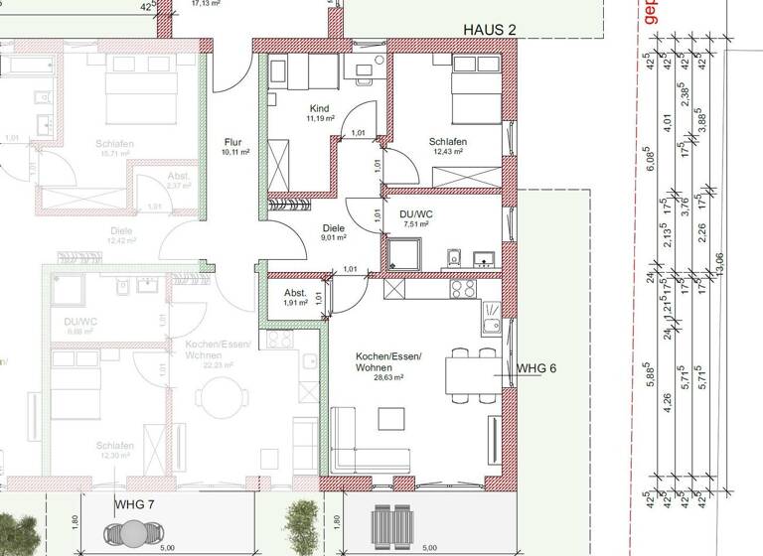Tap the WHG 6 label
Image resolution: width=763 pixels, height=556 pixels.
point(536,368)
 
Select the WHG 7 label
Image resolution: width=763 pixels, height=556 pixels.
point(135,504)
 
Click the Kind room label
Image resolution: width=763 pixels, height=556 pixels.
point(319,108)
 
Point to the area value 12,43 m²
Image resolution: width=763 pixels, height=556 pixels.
point(449,152)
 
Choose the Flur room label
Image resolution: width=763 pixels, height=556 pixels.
point(234,142)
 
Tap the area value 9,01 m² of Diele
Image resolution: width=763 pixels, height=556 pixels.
point(333,237)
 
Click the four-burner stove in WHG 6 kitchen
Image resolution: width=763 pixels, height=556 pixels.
point(463,289)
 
